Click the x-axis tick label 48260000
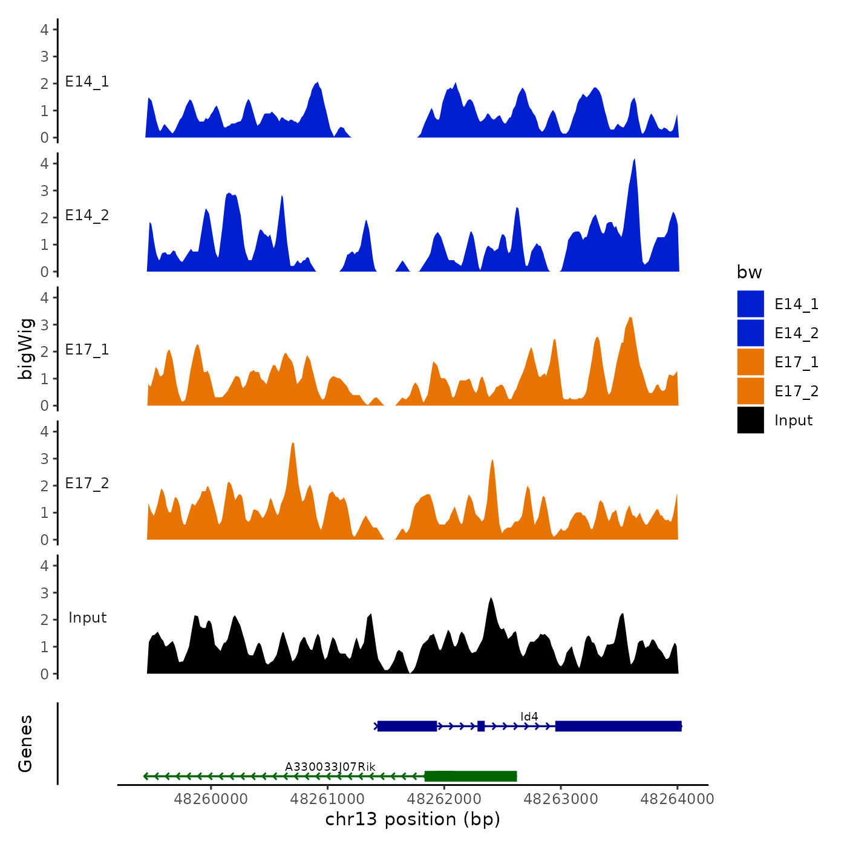click(x=211, y=799)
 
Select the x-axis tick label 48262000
click(x=444, y=799)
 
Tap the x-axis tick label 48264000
click(x=677, y=799)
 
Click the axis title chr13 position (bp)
click(x=413, y=819)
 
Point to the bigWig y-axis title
click(x=25, y=348)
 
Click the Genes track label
click(x=25, y=744)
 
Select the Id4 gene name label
click(x=529, y=717)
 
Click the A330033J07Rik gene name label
click(x=330, y=767)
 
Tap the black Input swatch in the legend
click(x=750, y=420)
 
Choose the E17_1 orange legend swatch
click(x=750, y=362)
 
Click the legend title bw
click(x=749, y=273)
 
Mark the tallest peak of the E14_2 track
click(x=634, y=160)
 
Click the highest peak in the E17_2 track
click(x=293, y=445)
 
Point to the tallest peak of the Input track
click(x=491, y=599)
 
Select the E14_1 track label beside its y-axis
click(x=87, y=82)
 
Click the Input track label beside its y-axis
click(x=87, y=618)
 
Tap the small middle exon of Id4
click(x=481, y=726)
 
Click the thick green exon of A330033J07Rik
click(x=471, y=776)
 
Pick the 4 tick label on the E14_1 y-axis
click(x=44, y=29)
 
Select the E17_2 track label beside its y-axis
click(x=87, y=483)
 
